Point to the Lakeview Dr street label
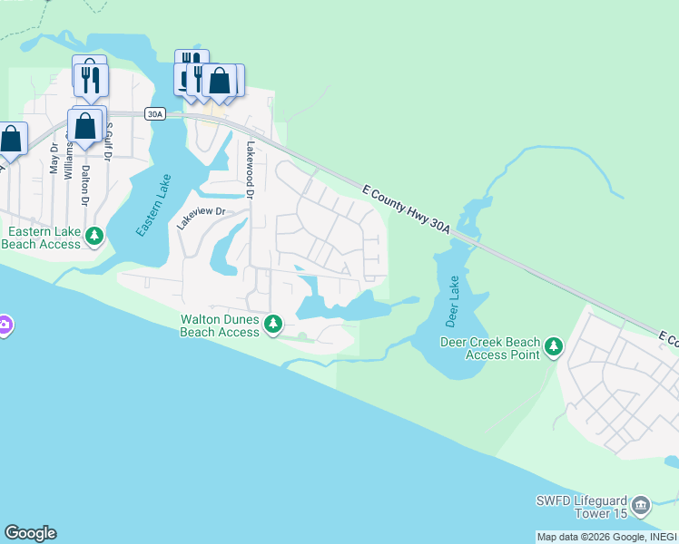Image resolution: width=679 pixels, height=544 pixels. (201, 219)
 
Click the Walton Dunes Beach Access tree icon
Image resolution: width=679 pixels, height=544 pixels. (273, 324)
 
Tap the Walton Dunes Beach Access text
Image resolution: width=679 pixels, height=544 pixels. (220, 325)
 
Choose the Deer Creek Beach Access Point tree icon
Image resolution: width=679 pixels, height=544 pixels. (554, 346)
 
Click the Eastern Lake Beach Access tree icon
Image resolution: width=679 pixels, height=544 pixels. (94, 237)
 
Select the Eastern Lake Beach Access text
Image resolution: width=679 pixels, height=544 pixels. (42, 238)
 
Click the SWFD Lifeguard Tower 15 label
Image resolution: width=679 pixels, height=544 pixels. (580, 508)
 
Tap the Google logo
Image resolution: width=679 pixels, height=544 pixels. (30, 533)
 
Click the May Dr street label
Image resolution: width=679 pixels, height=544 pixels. (54, 158)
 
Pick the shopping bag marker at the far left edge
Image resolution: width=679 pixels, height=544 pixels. (10, 139)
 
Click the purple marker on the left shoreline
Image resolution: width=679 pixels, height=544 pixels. (4, 325)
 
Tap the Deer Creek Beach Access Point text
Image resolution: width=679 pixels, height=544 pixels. (490, 348)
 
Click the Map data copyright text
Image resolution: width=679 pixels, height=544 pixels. (606, 537)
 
